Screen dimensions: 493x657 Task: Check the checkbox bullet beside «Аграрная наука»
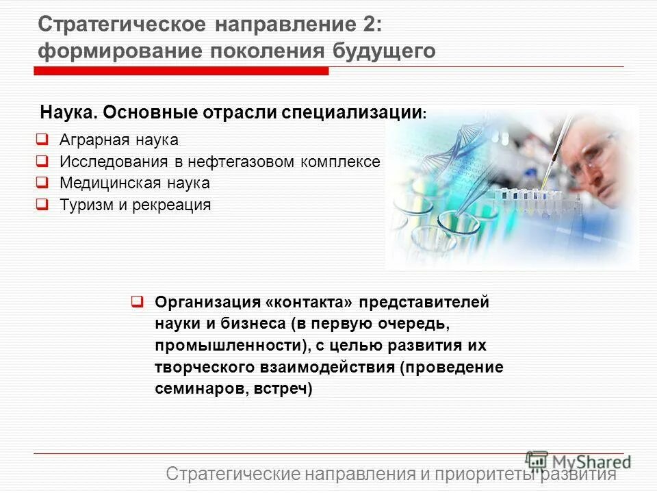point(42,140)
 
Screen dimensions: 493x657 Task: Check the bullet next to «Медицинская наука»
point(42,183)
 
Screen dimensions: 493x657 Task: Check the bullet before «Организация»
point(137,301)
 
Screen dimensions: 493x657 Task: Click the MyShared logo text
point(592,461)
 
